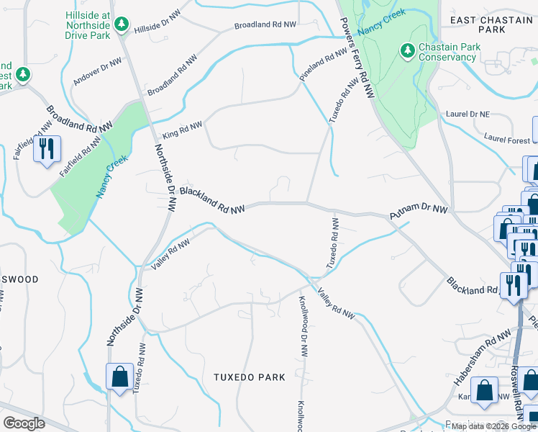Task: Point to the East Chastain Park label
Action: coord(493,26)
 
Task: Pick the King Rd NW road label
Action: coord(182,130)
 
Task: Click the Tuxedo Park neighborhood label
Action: coord(250,377)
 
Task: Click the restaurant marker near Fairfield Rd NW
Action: coord(47,149)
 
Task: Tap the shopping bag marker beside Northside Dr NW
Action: coord(119,377)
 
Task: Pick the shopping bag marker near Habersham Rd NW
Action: coord(487,390)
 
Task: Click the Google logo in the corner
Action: coord(24,423)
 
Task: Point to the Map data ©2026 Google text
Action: coord(493,426)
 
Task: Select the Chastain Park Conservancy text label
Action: coord(447,52)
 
